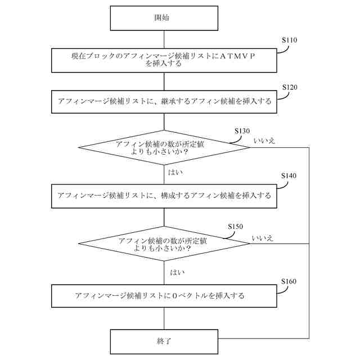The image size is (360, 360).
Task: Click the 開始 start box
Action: pyautogui.click(x=163, y=18)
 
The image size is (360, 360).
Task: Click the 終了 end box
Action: pyautogui.click(x=163, y=341)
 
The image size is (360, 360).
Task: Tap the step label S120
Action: pyautogui.click(x=289, y=88)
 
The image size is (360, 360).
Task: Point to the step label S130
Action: pyautogui.click(x=242, y=130)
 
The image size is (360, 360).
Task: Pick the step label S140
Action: pyautogui.click(x=289, y=175)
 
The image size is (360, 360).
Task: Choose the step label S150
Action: pyautogui.click(x=236, y=226)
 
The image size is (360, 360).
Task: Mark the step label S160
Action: pyautogui.click(x=289, y=281)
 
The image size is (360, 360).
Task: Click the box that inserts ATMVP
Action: pyautogui.click(x=163, y=60)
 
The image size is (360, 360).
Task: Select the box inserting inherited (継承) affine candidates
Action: pyautogui.click(x=163, y=102)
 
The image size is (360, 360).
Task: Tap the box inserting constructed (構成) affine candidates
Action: pyautogui.click(x=163, y=196)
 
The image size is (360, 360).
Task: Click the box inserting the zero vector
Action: pyautogui.click(x=163, y=295)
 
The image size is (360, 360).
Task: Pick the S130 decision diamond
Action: pyautogui.click(x=163, y=148)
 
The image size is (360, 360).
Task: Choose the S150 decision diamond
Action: pyautogui.click(x=163, y=244)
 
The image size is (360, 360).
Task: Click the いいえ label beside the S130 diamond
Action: pyautogui.click(x=264, y=141)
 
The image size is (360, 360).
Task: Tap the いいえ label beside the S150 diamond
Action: pyautogui.click(x=263, y=238)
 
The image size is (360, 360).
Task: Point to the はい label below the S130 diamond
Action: pyautogui.click(x=175, y=172)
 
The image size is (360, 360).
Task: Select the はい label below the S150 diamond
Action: pyautogui.click(x=177, y=272)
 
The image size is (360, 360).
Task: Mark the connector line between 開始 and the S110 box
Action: pyautogui.click(x=163, y=39)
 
